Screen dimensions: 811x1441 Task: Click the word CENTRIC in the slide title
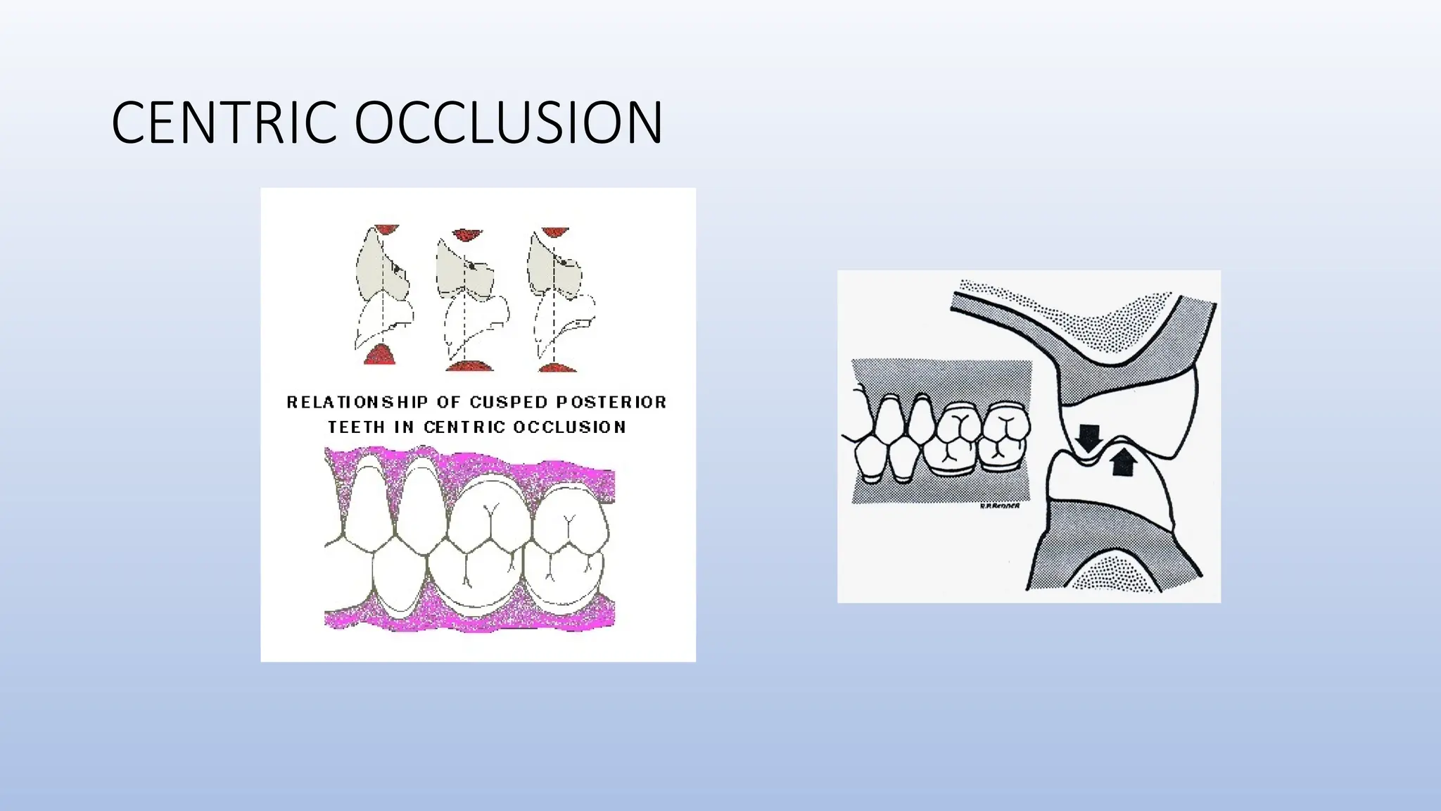click(x=224, y=123)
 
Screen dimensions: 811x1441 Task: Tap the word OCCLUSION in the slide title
click(x=508, y=123)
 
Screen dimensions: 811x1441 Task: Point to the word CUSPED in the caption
click(x=509, y=402)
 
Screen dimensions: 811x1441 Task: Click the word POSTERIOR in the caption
click(x=611, y=402)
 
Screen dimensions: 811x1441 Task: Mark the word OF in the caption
click(x=449, y=402)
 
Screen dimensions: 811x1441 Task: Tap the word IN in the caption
click(x=404, y=427)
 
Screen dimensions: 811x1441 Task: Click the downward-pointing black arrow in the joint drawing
click(x=1089, y=437)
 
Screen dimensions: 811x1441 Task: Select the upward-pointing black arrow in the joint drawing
click(x=1124, y=461)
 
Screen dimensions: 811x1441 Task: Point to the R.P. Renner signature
click(x=999, y=505)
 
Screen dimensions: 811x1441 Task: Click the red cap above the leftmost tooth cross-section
click(x=386, y=230)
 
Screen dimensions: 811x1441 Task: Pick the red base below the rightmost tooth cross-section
click(x=557, y=367)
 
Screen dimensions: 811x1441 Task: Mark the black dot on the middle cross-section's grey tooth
click(x=471, y=265)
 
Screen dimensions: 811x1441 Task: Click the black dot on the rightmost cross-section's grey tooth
click(x=564, y=263)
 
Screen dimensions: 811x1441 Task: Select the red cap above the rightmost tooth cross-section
click(x=555, y=232)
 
